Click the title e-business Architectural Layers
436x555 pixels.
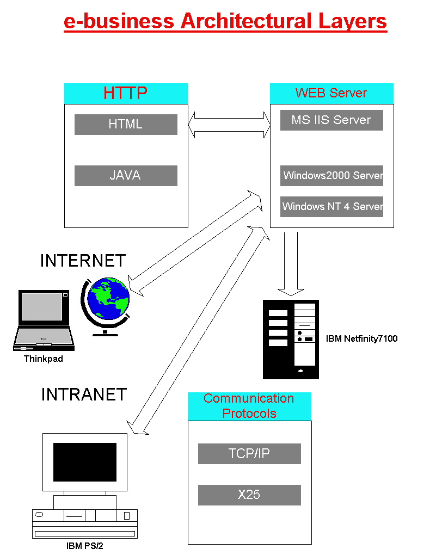(x=225, y=21)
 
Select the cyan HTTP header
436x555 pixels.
(x=126, y=93)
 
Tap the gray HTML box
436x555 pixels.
(x=126, y=124)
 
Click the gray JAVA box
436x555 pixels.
(x=126, y=175)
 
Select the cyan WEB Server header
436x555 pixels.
(x=331, y=93)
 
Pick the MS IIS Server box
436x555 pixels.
(x=331, y=120)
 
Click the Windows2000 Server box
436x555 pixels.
(x=331, y=175)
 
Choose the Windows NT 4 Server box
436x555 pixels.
(x=331, y=207)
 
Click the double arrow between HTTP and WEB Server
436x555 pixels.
(x=229, y=125)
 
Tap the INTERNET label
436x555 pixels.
(x=83, y=261)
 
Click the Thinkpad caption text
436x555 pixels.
(x=44, y=359)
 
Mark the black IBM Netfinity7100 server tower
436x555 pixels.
(x=291, y=339)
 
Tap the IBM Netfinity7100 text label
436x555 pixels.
(x=361, y=338)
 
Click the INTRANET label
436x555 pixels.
(x=84, y=394)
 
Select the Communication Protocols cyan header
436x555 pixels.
(x=249, y=406)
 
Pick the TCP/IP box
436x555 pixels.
(x=249, y=453)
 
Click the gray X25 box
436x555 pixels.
(x=249, y=495)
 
